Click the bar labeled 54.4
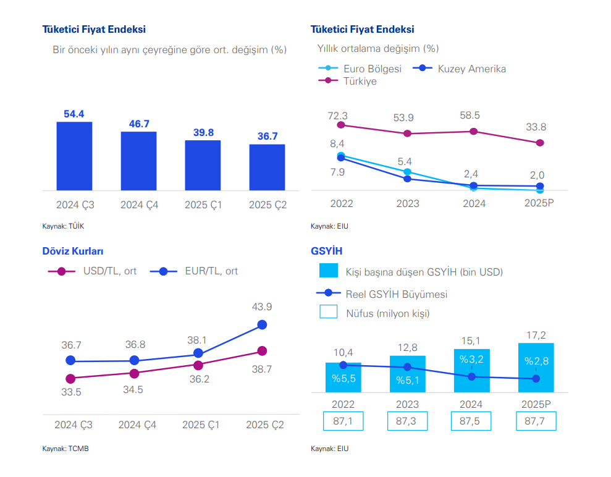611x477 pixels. coord(74,156)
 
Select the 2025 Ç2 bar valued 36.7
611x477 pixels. coord(267,167)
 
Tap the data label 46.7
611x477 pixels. coord(139,124)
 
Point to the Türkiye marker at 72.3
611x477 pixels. coord(340,125)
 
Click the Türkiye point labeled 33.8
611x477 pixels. coord(540,143)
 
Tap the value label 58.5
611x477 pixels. coord(474,116)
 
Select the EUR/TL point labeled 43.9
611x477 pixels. coord(262,324)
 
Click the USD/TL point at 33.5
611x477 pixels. coord(70,378)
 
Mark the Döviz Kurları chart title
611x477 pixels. coord(72,251)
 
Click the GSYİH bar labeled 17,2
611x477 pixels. coord(536,367)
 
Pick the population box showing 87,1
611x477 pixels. coord(343,421)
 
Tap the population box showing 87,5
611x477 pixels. coord(471,421)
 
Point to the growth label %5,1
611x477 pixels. coord(408,380)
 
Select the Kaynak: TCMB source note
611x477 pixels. coord(65,449)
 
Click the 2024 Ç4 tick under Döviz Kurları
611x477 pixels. coord(137,425)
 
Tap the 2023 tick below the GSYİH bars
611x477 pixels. coord(407,405)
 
